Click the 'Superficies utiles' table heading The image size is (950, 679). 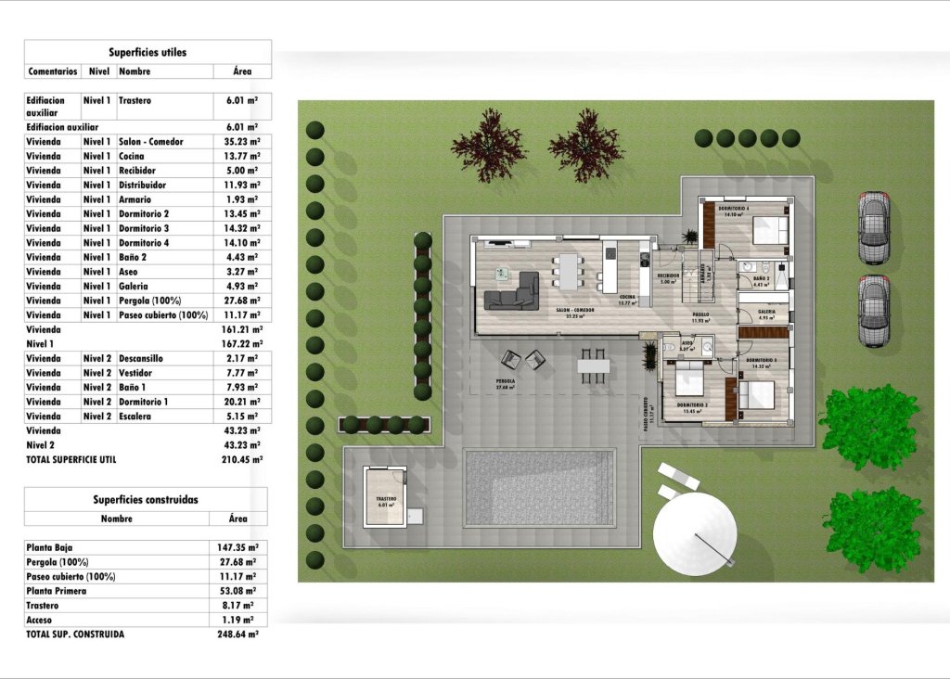(148, 52)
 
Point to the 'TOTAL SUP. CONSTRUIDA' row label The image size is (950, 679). (75, 634)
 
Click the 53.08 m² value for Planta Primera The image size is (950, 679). (238, 591)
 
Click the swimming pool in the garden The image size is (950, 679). (539, 488)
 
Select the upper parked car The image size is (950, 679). (873, 227)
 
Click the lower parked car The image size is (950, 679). (873, 311)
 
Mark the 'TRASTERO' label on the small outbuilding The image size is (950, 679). (386, 499)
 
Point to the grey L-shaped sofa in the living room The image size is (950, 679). (514, 292)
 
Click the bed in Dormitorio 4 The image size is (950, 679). (769, 229)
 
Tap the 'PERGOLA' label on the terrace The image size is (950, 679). (505, 380)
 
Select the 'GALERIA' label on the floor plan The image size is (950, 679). (766, 312)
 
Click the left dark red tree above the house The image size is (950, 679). (488, 145)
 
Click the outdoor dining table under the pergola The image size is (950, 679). (593, 365)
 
